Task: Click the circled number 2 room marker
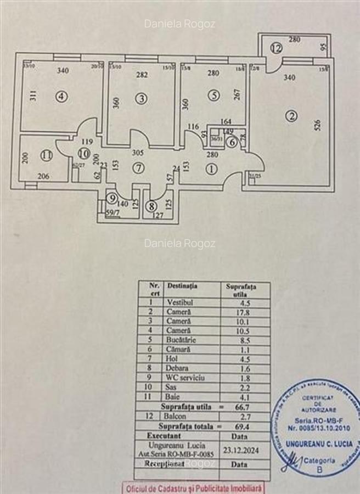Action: coord(291,116)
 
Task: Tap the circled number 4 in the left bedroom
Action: coord(61,97)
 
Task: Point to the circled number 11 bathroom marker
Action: coord(47,155)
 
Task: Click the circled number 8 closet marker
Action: coord(151,207)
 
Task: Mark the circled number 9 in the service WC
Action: coord(112,199)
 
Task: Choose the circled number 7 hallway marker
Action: coord(138,169)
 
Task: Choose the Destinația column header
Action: coord(183,285)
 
